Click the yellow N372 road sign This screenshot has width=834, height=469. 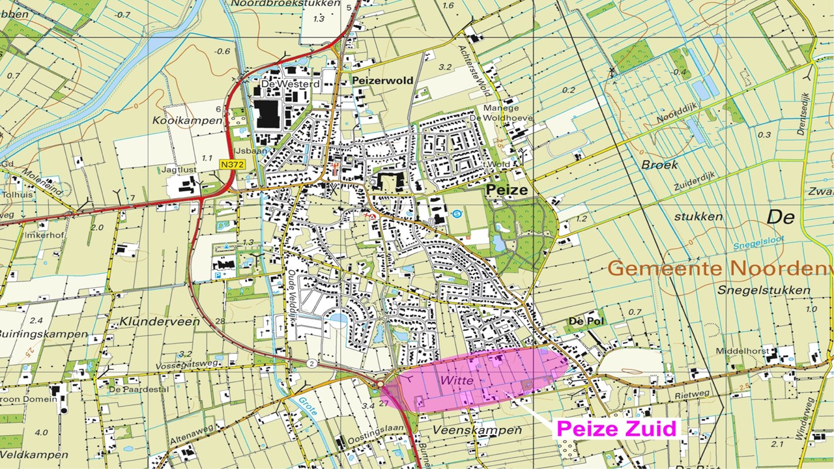(x=231, y=165)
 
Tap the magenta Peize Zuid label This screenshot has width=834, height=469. (x=616, y=429)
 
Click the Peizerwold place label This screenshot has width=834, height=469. (x=382, y=81)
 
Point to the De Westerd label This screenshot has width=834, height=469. (x=281, y=84)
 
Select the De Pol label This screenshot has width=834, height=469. (x=586, y=320)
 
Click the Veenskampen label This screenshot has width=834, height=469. (x=477, y=431)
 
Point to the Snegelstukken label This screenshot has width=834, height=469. (x=764, y=291)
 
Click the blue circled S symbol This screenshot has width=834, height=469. (x=457, y=212)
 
